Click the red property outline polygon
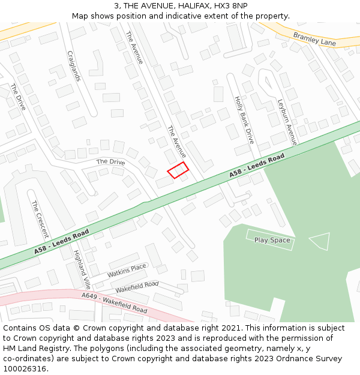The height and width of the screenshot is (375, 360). (178, 170)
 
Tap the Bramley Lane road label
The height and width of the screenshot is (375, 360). (314, 39)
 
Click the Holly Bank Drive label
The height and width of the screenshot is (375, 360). (244, 119)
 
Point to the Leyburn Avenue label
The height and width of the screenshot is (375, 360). (287, 122)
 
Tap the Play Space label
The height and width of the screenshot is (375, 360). (272, 240)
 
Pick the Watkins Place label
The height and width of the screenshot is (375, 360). (127, 271)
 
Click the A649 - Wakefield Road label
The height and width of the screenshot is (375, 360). (114, 302)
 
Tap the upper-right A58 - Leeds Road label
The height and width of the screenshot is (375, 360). (257, 166)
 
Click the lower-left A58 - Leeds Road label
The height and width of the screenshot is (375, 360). (61, 241)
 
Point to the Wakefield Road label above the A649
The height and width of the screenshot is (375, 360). (137, 287)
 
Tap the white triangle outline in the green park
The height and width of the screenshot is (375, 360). (321, 241)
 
